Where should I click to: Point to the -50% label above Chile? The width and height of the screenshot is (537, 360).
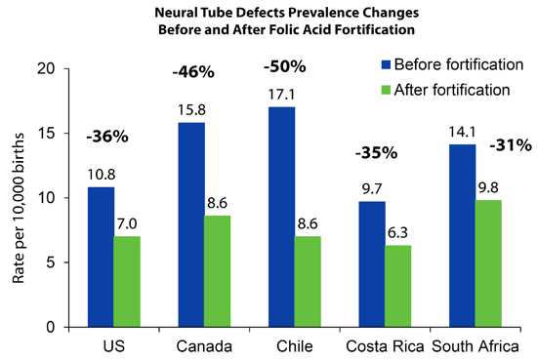[x=285, y=67]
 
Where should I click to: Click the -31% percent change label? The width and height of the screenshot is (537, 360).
[x=511, y=145]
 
